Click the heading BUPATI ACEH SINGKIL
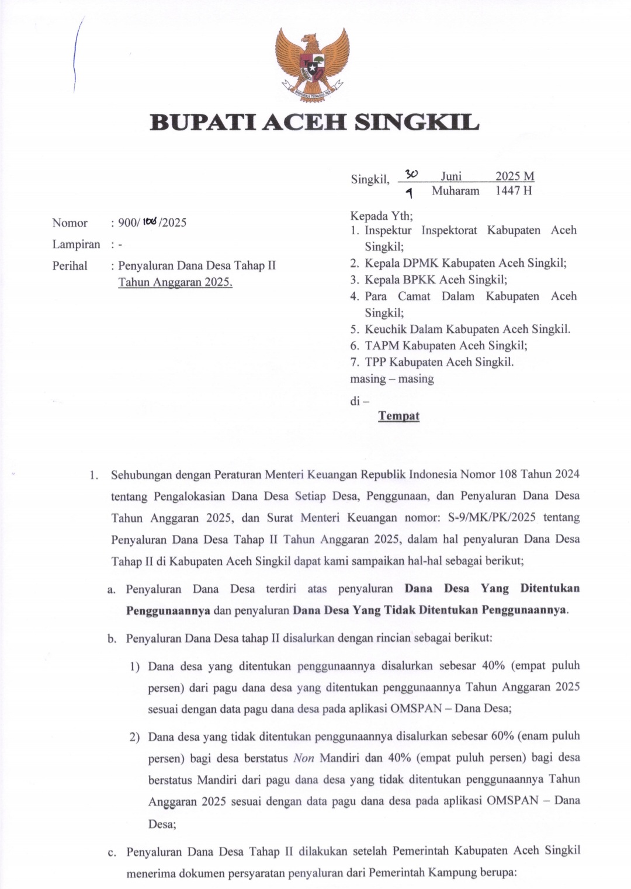[315, 123]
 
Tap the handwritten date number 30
[411, 174]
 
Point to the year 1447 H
[514, 191]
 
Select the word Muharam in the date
[455, 191]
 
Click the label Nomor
[70, 223]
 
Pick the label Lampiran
[76, 244]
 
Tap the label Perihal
[70, 266]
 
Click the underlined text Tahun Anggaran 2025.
[175, 283]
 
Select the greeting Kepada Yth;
[381, 216]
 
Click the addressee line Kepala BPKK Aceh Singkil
[436, 280]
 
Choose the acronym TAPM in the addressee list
[382, 346]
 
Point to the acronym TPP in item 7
[376, 362]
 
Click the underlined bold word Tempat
[398, 416]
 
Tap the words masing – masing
[391, 379]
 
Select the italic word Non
[303, 758]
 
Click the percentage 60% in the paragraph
[502, 736]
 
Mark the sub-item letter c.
[112, 852]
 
